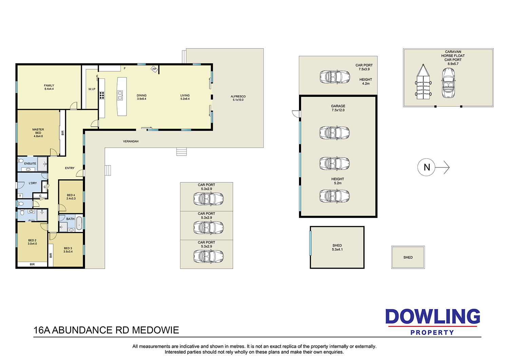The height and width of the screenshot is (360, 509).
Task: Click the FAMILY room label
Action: (49, 87)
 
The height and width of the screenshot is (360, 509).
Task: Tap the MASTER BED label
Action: (38, 133)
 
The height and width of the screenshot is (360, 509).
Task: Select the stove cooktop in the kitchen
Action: (102, 95)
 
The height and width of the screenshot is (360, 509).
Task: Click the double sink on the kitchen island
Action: (120, 95)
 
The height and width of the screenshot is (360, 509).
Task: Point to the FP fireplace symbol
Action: (154, 69)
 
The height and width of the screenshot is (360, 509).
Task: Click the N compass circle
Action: (426, 167)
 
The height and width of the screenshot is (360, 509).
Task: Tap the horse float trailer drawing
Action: (423, 82)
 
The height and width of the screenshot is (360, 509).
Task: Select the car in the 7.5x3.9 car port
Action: (335, 77)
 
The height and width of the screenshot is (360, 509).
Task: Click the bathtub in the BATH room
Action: (79, 223)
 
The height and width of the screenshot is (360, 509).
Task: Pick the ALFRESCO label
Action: (238, 98)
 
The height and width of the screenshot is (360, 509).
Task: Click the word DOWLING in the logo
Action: (433, 317)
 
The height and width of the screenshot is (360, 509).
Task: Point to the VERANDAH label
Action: (131, 142)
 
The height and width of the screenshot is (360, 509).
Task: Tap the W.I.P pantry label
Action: (92, 89)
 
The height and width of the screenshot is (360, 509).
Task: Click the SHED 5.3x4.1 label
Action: (337, 248)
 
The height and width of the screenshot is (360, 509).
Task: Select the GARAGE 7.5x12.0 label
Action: (338, 108)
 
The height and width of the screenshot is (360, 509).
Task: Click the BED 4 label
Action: (71, 197)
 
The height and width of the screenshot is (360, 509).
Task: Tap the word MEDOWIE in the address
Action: (156, 330)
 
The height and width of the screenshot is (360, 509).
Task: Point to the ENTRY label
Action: (70, 168)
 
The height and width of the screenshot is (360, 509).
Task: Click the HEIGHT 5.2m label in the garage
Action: (338, 181)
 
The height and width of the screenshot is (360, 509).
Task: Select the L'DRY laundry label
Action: (33, 183)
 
